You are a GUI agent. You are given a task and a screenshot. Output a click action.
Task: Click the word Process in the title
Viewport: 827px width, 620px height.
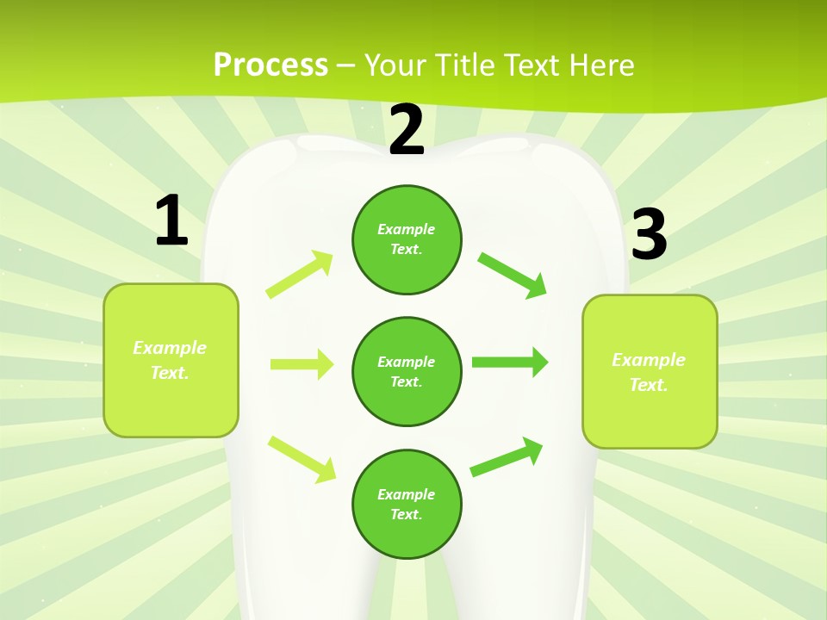pos(270,65)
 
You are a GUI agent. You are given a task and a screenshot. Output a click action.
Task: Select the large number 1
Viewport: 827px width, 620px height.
pos(171,221)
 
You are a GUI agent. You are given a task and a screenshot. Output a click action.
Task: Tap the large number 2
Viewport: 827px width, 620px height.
pos(407,130)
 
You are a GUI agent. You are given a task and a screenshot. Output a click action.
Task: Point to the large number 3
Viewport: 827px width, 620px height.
pos(649,234)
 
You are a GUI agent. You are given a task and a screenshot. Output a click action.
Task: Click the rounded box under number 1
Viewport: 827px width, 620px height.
pos(171,360)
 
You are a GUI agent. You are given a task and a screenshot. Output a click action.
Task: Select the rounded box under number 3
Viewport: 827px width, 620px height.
pos(650,371)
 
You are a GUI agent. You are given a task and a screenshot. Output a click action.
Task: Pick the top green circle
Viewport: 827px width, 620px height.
pos(407,239)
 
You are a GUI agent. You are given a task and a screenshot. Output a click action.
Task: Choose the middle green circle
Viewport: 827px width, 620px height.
pos(407,371)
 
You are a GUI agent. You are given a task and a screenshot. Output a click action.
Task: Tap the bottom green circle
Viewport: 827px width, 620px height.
pos(407,504)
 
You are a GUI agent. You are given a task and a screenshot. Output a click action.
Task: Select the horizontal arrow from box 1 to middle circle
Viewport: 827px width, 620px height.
pos(302,364)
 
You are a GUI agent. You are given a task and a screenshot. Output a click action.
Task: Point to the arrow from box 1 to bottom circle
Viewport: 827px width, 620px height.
pos(302,459)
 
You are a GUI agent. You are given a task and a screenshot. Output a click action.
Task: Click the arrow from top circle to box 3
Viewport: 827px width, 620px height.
pos(512,275)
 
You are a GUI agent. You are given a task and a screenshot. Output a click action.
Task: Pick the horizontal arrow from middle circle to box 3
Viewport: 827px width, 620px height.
pos(509,362)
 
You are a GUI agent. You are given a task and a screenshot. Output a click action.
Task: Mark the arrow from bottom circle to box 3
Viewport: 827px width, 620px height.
pos(507,457)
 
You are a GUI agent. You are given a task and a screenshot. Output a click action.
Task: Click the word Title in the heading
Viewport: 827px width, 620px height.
pos(467,65)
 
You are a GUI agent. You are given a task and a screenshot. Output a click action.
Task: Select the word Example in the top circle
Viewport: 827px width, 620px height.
pos(407,229)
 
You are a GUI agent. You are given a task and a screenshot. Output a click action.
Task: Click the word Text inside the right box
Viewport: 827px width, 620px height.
pos(648,385)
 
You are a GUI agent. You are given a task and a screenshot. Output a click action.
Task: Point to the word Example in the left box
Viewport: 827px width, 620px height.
pos(170,348)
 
